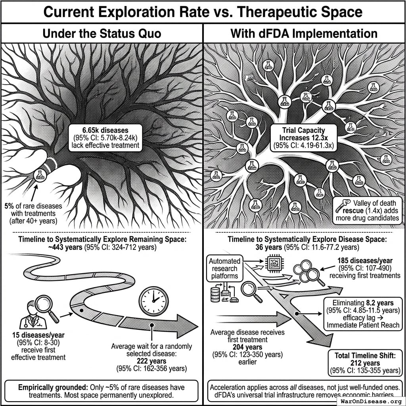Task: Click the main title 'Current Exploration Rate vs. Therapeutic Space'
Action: (x=203, y=12)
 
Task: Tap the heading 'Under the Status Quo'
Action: (x=101, y=33)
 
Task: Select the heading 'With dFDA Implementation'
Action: (x=304, y=33)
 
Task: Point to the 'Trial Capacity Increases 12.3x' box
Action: (x=304, y=137)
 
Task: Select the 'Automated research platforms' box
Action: (x=225, y=268)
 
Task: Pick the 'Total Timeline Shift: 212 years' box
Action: (x=364, y=363)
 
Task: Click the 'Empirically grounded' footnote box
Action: (x=101, y=391)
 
